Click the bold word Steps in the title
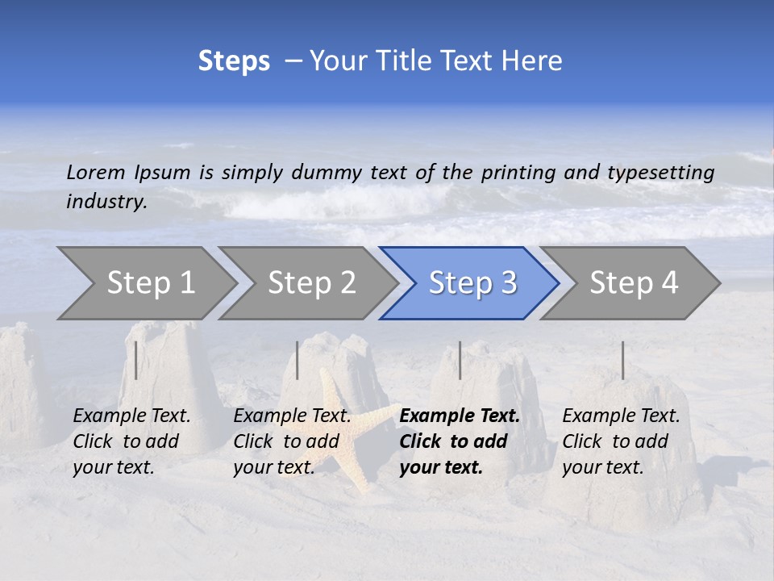pyautogui.click(x=234, y=61)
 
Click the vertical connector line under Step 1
pyautogui.click(x=136, y=360)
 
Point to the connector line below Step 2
pyautogui.click(x=298, y=360)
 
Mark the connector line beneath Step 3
pyautogui.click(x=460, y=360)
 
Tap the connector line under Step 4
pyautogui.click(x=622, y=360)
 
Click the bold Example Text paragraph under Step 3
pyautogui.click(x=460, y=441)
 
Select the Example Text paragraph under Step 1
pyautogui.click(x=131, y=441)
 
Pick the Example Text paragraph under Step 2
pyautogui.click(x=292, y=441)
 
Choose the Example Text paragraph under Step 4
pyautogui.click(x=621, y=441)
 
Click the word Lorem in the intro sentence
pyautogui.click(x=95, y=172)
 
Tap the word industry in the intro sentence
pyautogui.click(x=106, y=202)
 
